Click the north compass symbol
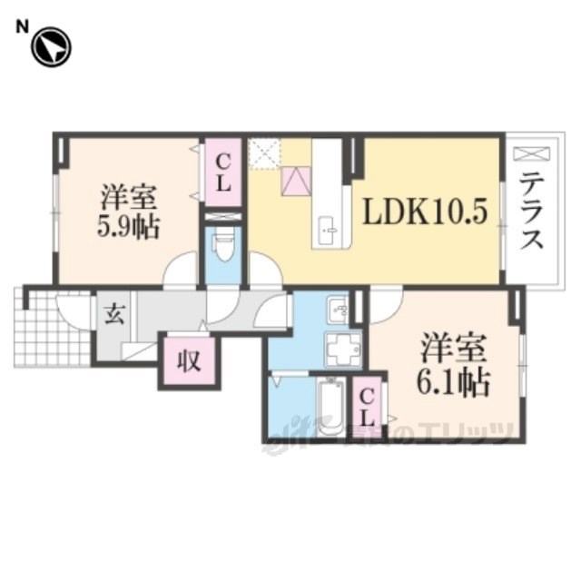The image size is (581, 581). (51, 48)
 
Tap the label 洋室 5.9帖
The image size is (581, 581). (128, 211)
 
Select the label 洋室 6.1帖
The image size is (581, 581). (454, 365)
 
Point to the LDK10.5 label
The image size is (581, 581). (426, 212)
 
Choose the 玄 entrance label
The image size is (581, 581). (114, 316)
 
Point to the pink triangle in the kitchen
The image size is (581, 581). (296, 181)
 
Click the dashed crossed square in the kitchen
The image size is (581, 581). (266, 153)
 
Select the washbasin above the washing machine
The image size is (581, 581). (338, 310)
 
